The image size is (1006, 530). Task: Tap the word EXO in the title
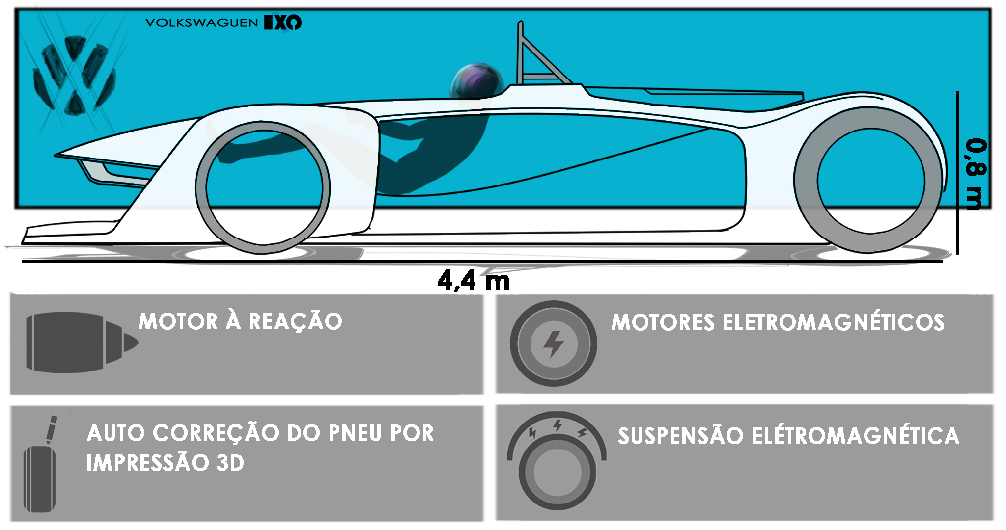coord(282,23)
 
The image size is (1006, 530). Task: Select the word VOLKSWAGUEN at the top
coord(201,23)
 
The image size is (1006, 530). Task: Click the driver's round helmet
coord(476,81)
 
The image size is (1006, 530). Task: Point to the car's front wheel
coord(263,188)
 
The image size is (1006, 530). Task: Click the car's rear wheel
coord(869,181)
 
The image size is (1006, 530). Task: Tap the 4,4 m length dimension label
coord(473,281)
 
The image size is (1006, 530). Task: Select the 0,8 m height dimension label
coord(975,174)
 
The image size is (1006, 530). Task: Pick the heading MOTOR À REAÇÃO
coord(240,322)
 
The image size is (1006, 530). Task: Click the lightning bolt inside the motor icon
coord(554,343)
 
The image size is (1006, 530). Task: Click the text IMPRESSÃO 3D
coord(165,463)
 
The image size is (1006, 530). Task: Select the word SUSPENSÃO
coord(680,436)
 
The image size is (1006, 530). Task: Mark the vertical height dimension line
coord(957,172)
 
